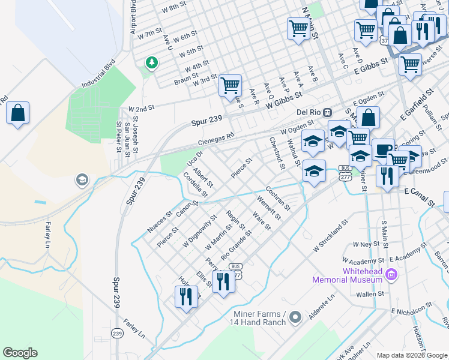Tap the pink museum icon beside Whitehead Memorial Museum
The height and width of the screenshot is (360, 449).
pos(392,275)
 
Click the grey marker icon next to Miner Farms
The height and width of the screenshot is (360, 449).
pos(294,316)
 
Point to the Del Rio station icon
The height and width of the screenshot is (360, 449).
pos(327,112)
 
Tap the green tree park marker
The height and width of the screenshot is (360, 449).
pos(151,62)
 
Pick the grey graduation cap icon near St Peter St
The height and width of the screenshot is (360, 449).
pos(81,179)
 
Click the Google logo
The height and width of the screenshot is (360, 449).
pos(20,353)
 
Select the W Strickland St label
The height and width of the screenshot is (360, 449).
pos(331,237)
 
